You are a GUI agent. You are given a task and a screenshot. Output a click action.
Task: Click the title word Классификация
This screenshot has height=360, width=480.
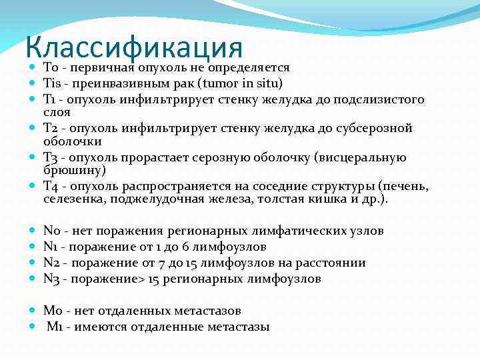(134, 48)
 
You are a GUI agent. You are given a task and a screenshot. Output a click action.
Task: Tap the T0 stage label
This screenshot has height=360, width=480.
(51, 68)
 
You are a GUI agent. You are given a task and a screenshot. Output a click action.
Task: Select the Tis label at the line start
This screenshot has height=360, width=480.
(53, 83)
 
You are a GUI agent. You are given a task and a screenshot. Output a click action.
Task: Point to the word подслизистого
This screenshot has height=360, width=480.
(383, 99)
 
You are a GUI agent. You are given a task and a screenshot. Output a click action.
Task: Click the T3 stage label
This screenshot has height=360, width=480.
(51, 157)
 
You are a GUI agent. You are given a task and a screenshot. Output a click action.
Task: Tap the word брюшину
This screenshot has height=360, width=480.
(69, 170)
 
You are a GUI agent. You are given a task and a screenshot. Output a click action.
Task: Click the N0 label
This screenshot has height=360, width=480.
(52, 231)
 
